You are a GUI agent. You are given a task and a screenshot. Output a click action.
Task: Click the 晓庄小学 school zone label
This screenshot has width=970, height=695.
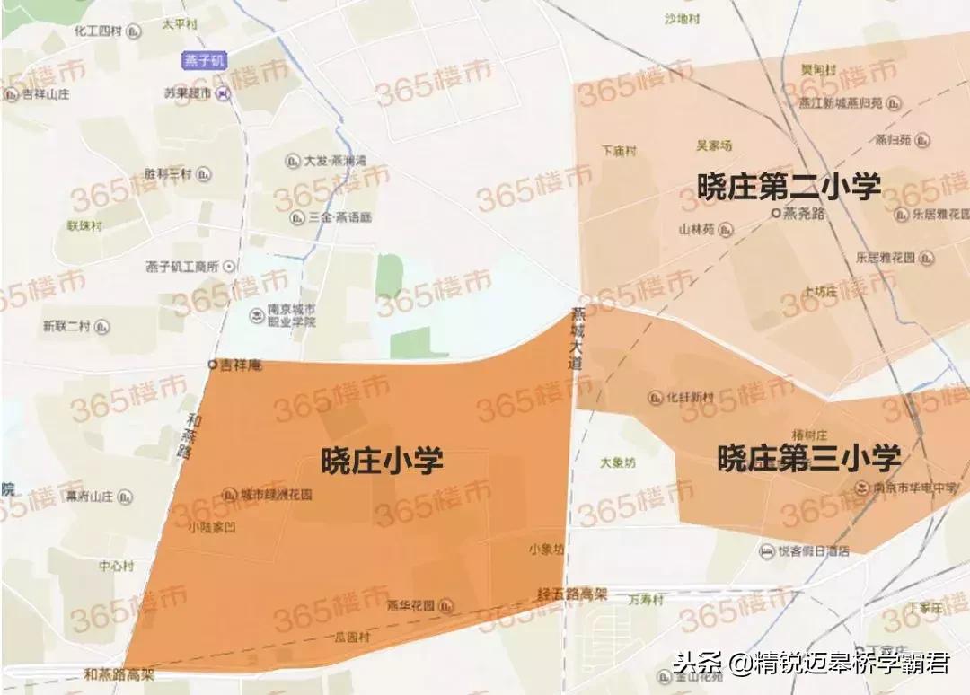(383, 462)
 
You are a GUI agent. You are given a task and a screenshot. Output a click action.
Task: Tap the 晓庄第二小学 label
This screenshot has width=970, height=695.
(789, 187)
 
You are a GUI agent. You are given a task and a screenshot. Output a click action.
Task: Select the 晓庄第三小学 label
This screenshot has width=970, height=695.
(809, 458)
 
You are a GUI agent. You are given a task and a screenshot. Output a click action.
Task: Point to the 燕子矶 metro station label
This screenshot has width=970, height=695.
(205, 60)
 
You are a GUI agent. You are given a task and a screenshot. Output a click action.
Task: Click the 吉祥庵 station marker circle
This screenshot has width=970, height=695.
(213, 365)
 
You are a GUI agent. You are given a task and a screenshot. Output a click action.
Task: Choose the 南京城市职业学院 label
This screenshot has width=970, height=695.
(291, 315)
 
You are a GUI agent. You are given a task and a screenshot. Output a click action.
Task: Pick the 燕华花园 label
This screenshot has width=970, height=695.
(410, 605)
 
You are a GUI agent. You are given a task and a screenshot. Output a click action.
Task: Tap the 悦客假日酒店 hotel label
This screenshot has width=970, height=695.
(813, 551)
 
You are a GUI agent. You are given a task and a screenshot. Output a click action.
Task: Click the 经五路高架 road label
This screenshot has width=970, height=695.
(573, 594)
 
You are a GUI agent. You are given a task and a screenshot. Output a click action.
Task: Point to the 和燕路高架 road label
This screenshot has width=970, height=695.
(119, 674)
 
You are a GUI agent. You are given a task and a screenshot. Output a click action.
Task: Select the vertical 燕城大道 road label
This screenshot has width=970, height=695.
(576, 339)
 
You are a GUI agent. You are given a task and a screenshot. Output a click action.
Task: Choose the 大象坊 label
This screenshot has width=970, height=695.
(618, 463)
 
